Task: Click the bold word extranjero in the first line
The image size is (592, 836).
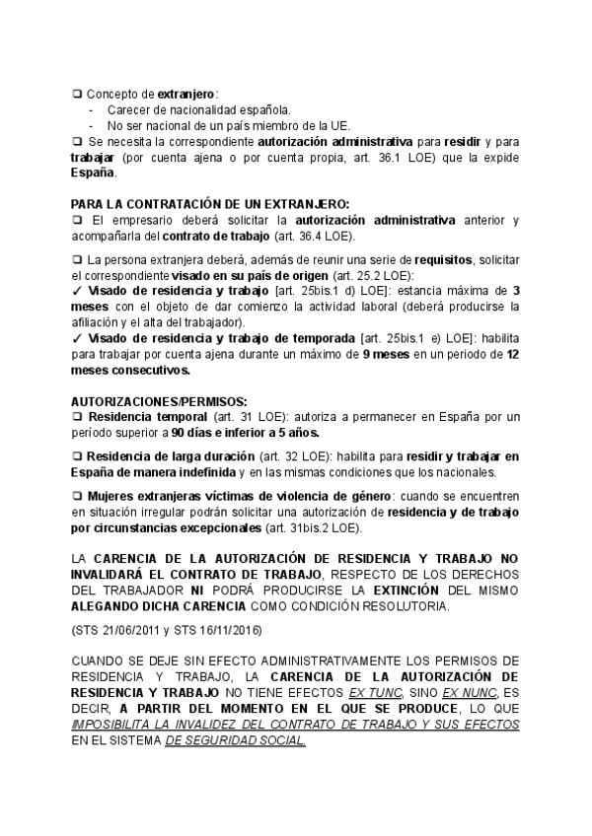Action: [x=186, y=93]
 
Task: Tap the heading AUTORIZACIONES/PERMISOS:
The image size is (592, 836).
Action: [x=145, y=403]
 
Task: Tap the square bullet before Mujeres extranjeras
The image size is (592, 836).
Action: [x=78, y=496]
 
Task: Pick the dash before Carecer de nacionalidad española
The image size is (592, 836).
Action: [x=91, y=109]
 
